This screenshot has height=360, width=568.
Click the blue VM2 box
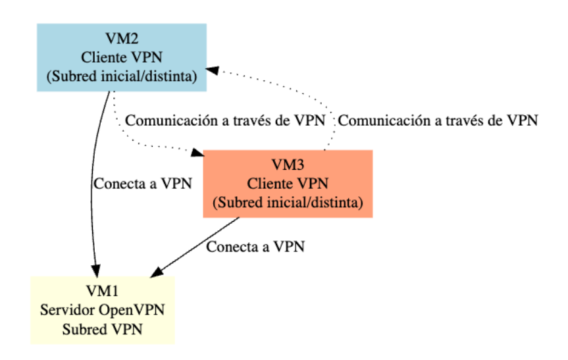click(121, 57)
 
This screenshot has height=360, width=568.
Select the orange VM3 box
click(288, 184)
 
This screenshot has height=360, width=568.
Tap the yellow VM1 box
click(102, 310)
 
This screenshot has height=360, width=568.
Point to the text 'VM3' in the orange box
click(288, 163)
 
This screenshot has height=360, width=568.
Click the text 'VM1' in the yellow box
click(102, 290)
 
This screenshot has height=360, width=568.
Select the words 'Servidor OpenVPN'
click(102, 310)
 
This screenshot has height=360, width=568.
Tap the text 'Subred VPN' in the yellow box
click(102, 329)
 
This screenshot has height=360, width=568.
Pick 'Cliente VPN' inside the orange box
click(288, 183)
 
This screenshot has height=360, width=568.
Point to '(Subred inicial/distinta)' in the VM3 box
click(288, 203)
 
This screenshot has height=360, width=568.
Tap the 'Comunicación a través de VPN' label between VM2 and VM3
click(226, 120)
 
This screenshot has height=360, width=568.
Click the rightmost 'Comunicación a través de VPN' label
click(438, 120)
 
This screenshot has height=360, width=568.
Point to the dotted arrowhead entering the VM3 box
click(198, 153)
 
